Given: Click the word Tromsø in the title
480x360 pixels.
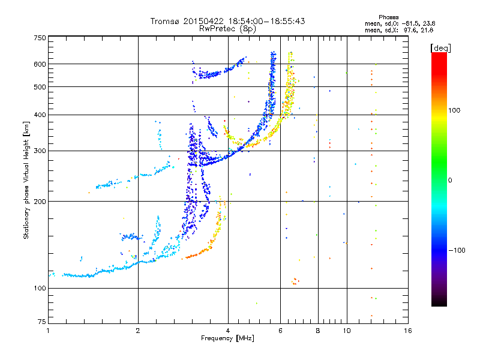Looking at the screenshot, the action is (x=165, y=21).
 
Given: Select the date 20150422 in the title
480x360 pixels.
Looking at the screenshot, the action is (x=203, y=21).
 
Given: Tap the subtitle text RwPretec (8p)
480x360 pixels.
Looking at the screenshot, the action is (x=227, y=29).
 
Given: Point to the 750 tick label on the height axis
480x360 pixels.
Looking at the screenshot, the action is (x=40, y=38).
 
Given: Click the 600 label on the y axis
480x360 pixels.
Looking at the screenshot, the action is (x=40, y=64).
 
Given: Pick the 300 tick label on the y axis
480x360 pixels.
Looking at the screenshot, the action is (x=40, y=151).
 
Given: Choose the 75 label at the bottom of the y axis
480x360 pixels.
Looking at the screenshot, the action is (x=42, y=322).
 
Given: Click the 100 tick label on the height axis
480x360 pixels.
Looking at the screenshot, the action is (x=40, y=288).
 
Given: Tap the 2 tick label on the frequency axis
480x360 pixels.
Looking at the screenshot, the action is (x=138, y=331).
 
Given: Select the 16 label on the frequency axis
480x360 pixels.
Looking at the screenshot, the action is (x=408, y=331).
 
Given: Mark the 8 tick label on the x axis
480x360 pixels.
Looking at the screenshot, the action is (x=318, y=331).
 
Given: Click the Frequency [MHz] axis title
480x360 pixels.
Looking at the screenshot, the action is (x=227, y=338).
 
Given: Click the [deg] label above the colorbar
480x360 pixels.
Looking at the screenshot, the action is (x=440, y=48).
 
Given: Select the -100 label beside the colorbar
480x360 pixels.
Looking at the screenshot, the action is (x=457, y=250).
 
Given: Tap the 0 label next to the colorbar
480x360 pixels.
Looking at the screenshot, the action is (x=450, y=180).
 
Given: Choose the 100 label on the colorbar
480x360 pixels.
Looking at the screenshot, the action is (x=454, y=110).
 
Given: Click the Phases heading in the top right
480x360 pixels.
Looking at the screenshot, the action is (x=388, y=17).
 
